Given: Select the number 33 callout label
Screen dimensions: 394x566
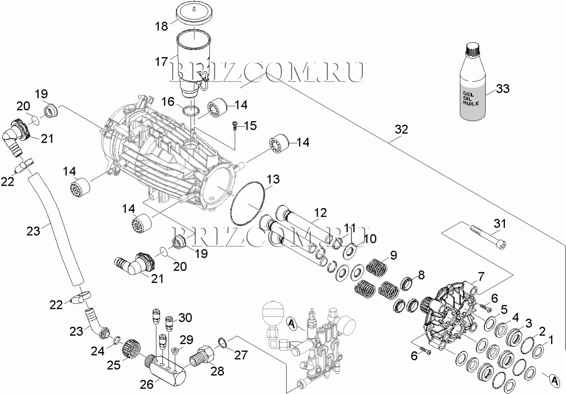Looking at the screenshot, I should click(502, 88).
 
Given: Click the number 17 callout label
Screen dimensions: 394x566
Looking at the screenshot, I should click(161, 62).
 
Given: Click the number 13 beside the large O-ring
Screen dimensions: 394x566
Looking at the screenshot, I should click(273, 179).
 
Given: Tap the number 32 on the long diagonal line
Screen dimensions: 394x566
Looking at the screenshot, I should click(401, 129).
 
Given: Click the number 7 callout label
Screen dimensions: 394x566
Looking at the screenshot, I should click(480, 277).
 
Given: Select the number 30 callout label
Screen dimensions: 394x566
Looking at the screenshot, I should click(185, 318).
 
